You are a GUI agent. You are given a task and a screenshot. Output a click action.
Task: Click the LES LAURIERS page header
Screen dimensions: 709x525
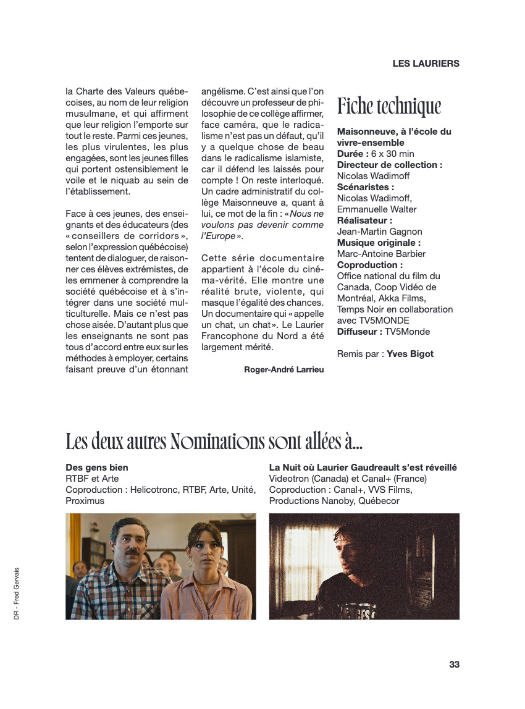click(x=426, y=64)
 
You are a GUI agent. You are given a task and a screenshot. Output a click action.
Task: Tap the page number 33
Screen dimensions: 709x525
click(x=454, y=665)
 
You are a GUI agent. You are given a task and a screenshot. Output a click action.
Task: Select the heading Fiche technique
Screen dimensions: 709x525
click(x=389, y=106)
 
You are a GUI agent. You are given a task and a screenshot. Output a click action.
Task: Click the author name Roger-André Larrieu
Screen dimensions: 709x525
click(x=284, y=369)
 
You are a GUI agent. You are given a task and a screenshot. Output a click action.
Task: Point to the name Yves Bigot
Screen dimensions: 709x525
click(x=410, y=354)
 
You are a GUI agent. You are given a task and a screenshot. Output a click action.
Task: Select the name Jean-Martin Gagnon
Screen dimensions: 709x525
click(x=379, y=232)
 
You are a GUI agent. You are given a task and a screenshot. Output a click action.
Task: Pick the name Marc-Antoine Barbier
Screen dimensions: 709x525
click(x=381, y=254)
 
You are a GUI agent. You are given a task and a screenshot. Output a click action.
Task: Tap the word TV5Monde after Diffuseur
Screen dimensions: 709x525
click(x=408, y=332)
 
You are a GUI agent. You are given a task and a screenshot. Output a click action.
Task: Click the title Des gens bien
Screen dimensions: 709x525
click(x=97, y=468)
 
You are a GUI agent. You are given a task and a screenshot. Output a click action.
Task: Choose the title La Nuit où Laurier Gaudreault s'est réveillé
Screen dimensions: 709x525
click(x=363, y=468)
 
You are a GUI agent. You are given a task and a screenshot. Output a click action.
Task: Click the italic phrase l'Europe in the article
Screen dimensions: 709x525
click(x=218, y=236)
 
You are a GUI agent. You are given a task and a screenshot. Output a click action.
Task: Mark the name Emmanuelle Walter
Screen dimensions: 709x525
click(x=377, y=209)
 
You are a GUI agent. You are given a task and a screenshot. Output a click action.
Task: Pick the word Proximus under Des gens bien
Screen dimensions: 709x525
click(x=85, y=501)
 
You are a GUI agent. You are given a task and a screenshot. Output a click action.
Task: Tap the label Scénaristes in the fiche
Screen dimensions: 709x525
click(x=365, y=187)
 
